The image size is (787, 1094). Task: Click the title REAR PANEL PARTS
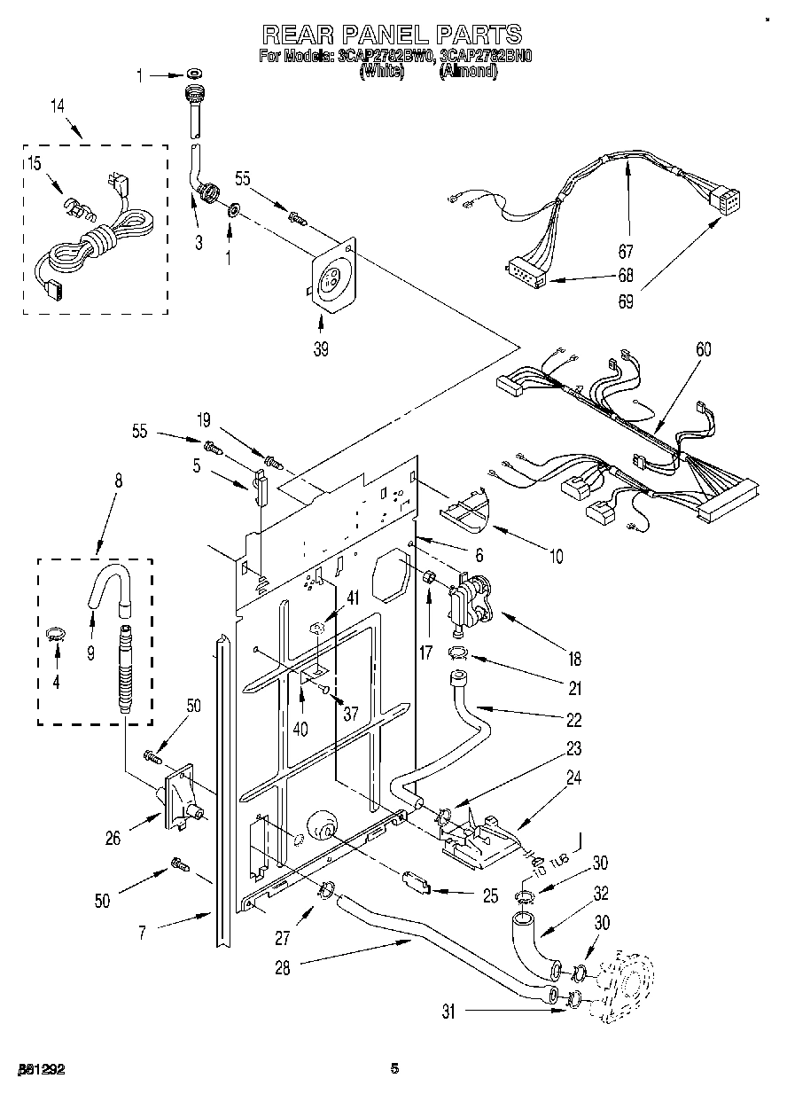pyautogui.click(x=392, y=34)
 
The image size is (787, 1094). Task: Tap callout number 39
pyautogui.click(x=321, y=348)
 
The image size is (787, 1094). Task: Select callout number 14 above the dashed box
pyautogui.click(x=58, y=106)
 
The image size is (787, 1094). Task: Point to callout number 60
pyautogui.click(x=703, y=348)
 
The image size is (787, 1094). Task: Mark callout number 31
pyautogui.click(x=448, y=1012)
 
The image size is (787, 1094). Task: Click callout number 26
pyautogui.click(x=113, y=838)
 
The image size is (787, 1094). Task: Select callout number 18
pyautogui.click(x=574, y=659)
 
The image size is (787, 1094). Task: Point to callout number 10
pyautogui.click(x=556, y=557)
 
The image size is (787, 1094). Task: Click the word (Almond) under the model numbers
pyautogui.click(x=468, y=73)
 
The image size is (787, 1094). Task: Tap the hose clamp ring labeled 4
pyautogui.click(x=57, y=633)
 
